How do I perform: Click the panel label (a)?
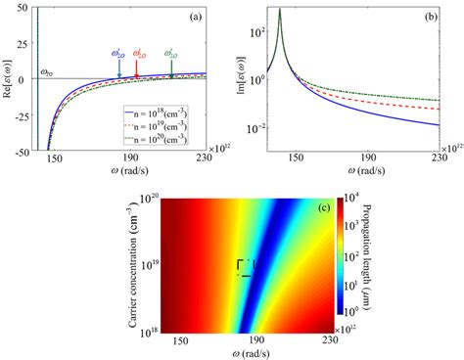[x=210, y=17]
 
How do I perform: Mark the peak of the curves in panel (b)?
[x=280, y=11]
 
